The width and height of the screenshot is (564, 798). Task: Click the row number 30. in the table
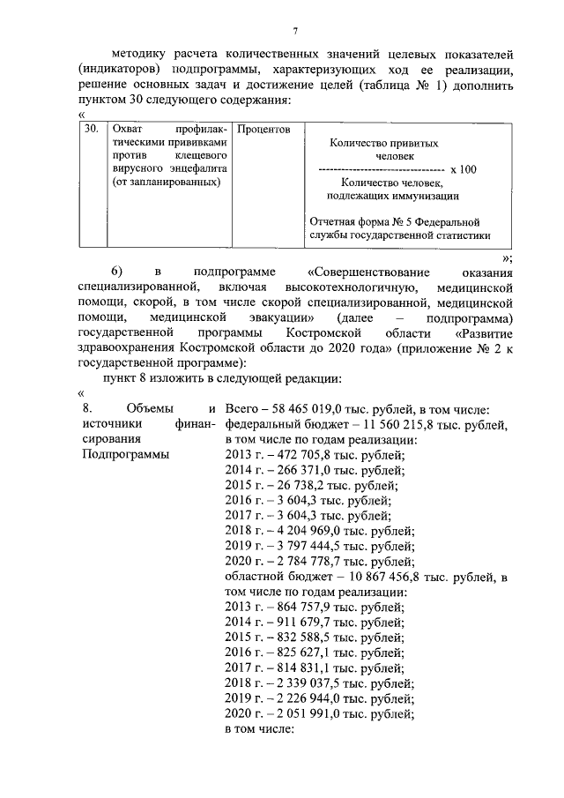click(x=89, y=130)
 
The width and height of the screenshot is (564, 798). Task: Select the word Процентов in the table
click(x=263, y=130)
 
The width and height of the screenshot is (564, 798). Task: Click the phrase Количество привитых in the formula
click(x=383, y=142)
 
